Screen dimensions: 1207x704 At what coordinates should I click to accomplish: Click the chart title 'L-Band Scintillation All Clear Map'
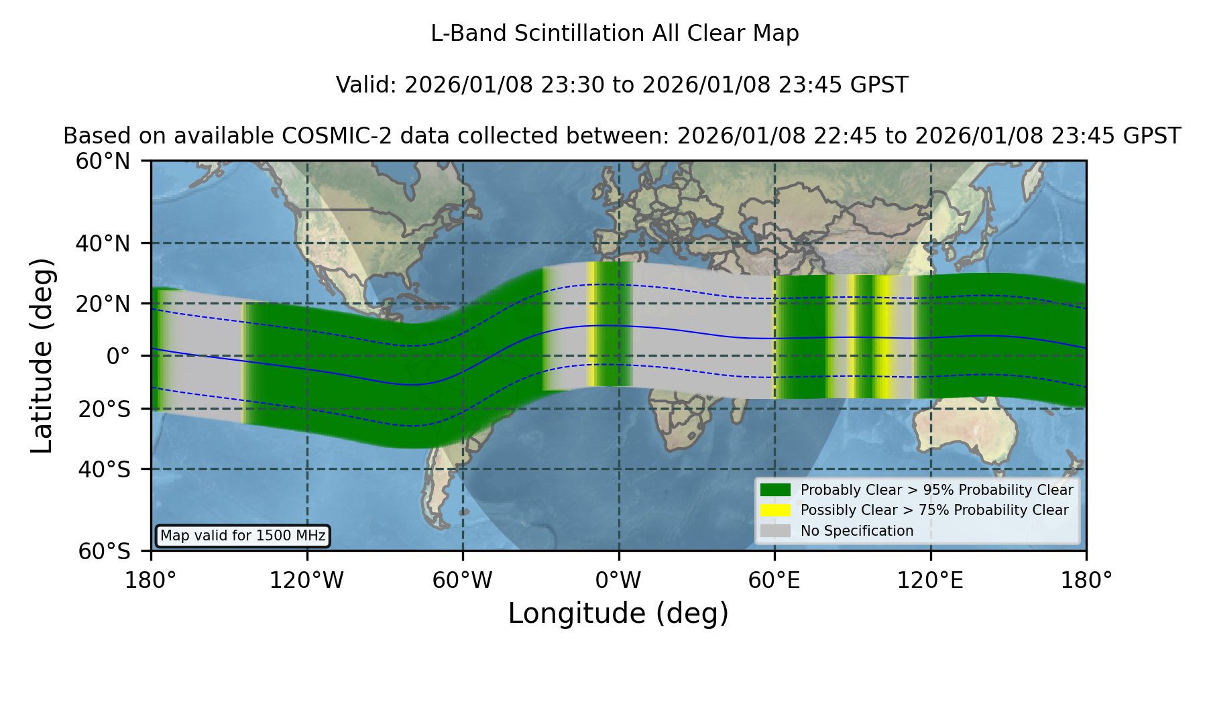pyautogui.click(x=615, y=34)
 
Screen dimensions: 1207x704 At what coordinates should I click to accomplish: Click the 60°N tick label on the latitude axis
pyautogui.click(x=103, y=162)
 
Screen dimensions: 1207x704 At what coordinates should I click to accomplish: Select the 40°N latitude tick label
pyautogui.click(x=103, y=243)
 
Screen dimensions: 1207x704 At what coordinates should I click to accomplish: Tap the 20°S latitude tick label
pyautogui.click(x=104, y=409)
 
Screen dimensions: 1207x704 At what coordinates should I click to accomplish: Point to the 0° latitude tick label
pyautogui.click(x=118, y=356)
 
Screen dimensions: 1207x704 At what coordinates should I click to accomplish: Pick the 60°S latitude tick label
pyautogui.click(x=104, y=551)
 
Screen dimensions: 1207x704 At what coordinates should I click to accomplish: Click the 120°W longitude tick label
pyautogui.click(x=306, y=581)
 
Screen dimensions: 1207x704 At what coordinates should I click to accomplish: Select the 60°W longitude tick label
pyautogui.click(x=463, y=581)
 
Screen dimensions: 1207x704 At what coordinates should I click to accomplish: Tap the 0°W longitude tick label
pyautogui.click(x=619, y=581)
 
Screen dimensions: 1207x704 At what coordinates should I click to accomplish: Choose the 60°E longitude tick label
pyautogui.click(x=774, y=581)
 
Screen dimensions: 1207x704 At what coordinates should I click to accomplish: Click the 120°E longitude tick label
pyautogui.click(x=931, y=581)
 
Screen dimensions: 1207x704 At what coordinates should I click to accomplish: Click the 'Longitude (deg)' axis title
pyautogui.click(x=618, y=613)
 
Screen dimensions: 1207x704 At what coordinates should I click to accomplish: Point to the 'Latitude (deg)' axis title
pyautogui.click(x=42, y=355)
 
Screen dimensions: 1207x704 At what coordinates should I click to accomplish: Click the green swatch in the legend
pyautogui.click(x=775, y=489)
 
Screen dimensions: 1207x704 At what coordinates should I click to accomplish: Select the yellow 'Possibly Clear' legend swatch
pyautogui.click(x=775, y=510)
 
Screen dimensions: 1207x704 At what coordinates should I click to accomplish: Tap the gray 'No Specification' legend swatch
pyautogui.click(x=775, y=530)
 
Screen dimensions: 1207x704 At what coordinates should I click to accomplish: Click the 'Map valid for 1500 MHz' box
pyautogui.click(x=243, y=536)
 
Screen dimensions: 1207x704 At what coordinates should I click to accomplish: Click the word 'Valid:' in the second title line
pyautogui.click(x=367, y=85)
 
